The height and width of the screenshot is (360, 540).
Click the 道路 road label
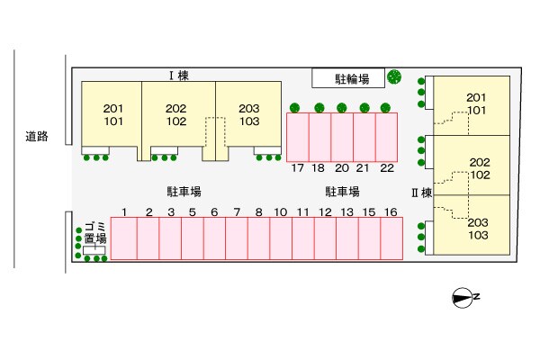pyautogui.click(x=36, y=138)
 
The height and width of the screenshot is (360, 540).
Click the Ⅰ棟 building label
pyautogui.click(x=176, y=76)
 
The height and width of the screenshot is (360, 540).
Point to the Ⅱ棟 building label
pyautogui.click(x=422, y=192)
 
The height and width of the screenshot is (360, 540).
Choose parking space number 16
pyautogui.click(x=391, y=238)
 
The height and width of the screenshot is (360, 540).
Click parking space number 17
pyautogui.click(x=297, y=138)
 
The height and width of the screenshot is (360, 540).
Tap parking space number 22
pyautogui.click(x=386, y=138)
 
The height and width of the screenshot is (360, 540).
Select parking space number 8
pyautogui.click(x=258, y=238)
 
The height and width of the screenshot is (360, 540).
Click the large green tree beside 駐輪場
pyautogui.click(x=394, y=77)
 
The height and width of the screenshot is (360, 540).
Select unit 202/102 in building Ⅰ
pyautogui.click(x=176, y=115)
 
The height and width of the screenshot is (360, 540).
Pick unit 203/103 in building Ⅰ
pyautogui.click(x=248, y=115)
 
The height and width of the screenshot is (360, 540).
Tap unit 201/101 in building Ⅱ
pyautogui.click(x=476, y=104)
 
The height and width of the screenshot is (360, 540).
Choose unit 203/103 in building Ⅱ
pyautogui.click(x=478, y=229)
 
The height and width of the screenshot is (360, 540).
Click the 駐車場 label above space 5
pyautogui.click(x=183, y=192)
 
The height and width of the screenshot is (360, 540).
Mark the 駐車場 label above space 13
pyautogui.click(x=342, y=192)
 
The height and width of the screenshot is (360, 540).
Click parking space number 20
pyautogui.click(x=342, y=138)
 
